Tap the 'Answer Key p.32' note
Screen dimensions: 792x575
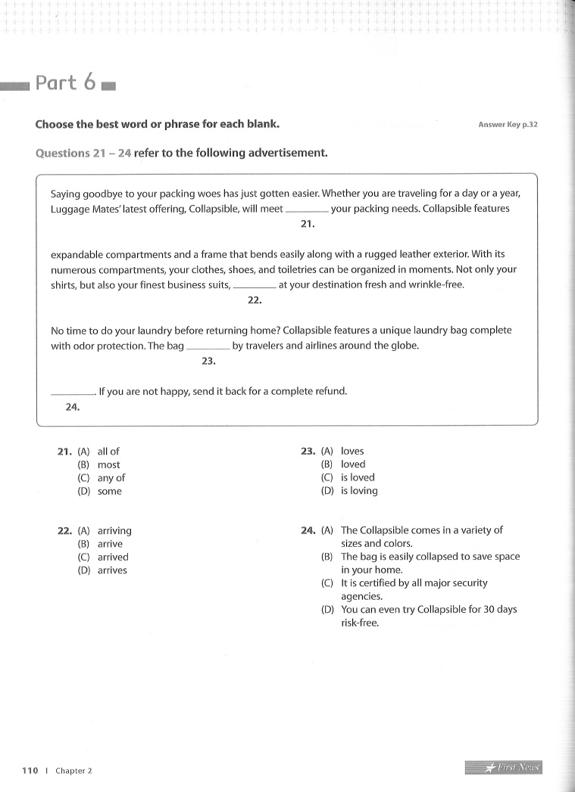(508, 125)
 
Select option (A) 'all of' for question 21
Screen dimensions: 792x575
(108, 452)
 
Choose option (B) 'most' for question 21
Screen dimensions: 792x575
(108, 465)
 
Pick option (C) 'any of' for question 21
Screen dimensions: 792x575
(111, 478)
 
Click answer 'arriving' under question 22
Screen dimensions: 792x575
(114, 531)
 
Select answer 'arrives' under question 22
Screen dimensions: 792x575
(112, 570)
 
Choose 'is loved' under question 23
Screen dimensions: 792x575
(358, 477)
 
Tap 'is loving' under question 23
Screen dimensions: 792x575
(359, 491)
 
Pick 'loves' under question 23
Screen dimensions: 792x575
(352, 452)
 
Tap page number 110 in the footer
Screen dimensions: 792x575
(30, 770)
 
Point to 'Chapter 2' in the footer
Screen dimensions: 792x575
(73, 771)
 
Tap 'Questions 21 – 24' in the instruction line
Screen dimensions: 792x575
(83, 153)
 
